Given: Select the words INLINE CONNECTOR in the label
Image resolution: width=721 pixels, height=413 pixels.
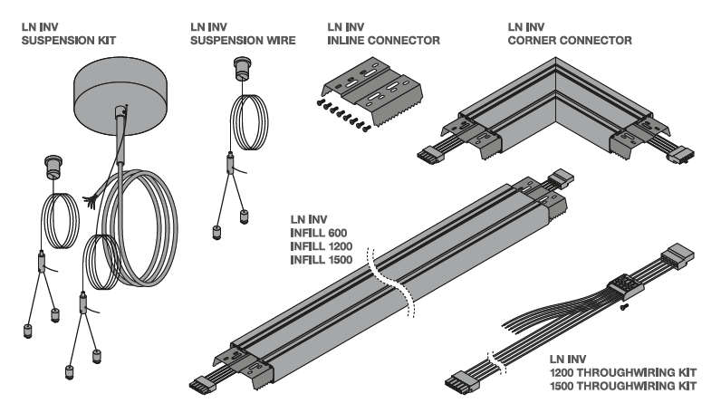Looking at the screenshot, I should pos(383,41).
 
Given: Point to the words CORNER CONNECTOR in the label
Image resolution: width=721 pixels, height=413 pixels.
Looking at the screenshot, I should pos(571,41).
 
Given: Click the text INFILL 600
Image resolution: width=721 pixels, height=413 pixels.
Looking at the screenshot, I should pos(320,233).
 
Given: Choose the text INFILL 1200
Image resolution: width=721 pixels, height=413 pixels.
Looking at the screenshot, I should pos(322,246).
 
